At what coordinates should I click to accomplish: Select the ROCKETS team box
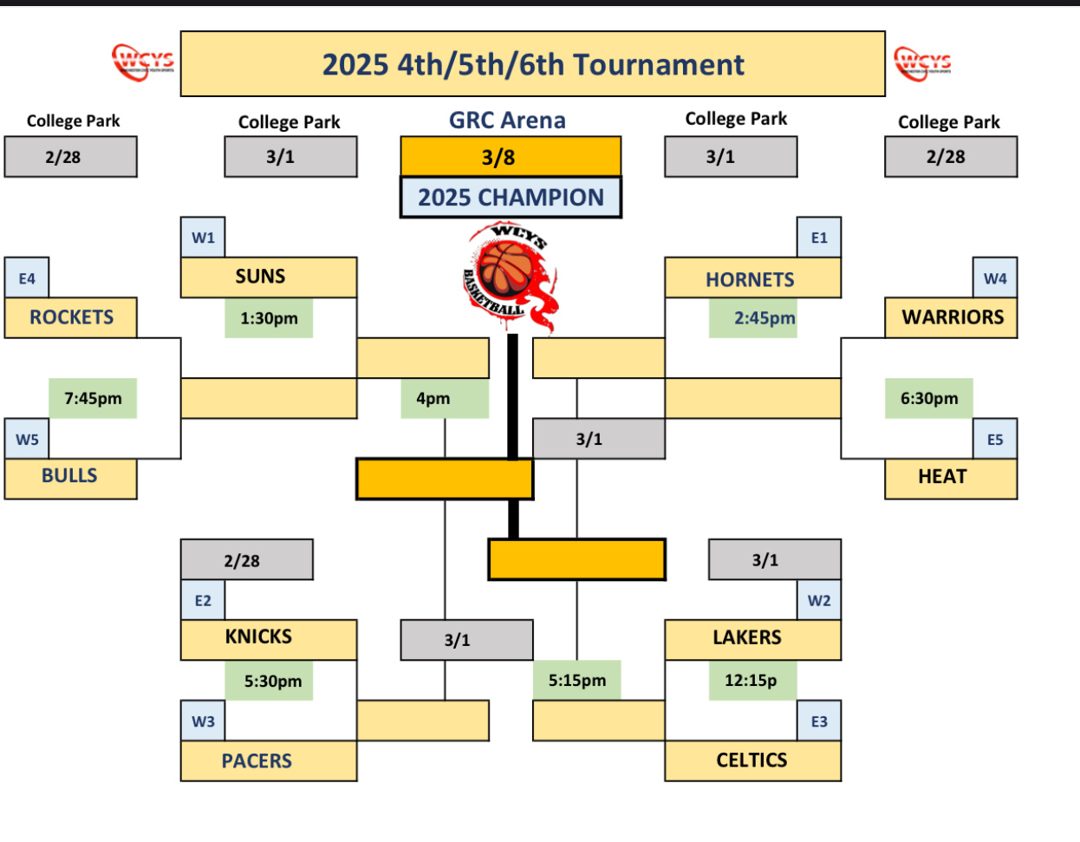click(x=70, y=317)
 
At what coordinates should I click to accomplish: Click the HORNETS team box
click(x=751, y=278)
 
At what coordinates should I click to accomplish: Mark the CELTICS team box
click(x=751, y=760)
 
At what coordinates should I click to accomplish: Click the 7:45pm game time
click(x=93, y=399)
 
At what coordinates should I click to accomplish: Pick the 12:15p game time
click(x=751, y=681)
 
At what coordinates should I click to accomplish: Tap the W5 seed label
click(x=27, y=439)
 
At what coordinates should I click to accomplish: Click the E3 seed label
click(x=819, y=721)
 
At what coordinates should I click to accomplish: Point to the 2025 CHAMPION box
click(x=511, y=198)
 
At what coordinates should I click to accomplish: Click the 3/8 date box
click(x=510, y=157)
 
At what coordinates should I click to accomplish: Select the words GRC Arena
click(x=507, y=121)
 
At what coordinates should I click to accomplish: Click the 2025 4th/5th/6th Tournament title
click(x=532, y=64)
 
